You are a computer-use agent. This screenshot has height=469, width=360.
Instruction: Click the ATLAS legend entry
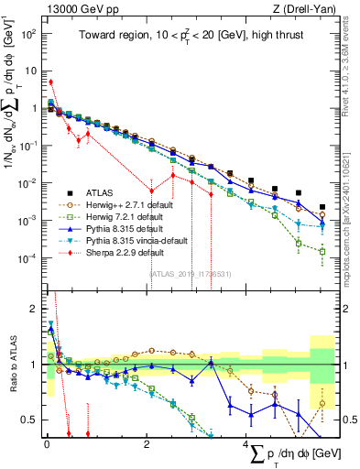pyautogui.click(x=100, y=193)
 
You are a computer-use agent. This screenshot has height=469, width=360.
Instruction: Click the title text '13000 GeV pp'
pyautogui.click(x=74, y=8)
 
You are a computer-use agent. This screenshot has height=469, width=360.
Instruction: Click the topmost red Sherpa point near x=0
pyautogui.click(x=51, y=82)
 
